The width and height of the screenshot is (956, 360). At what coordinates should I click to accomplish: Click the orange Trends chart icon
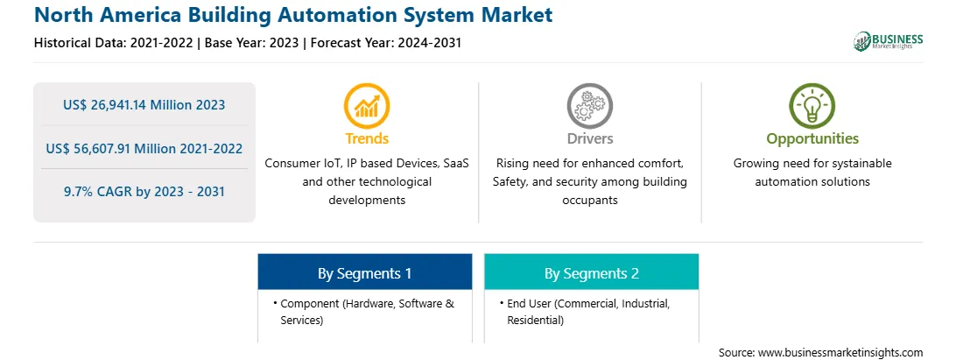[x=367, y=106]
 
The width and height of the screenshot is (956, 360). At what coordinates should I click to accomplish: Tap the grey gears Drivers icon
[x=589, y=106]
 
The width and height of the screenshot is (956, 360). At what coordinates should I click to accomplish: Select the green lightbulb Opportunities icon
[x=812, y=106]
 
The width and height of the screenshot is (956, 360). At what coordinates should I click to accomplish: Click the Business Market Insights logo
[x=889, y=41]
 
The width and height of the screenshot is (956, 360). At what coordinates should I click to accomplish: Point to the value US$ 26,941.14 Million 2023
[x=144, y=105]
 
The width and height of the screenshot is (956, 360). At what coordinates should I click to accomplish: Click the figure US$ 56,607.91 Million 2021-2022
[x=144, y=148]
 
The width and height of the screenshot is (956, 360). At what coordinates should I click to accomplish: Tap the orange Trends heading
[x=367, y=138]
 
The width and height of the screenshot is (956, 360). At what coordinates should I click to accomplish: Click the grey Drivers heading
[x=589, y=138]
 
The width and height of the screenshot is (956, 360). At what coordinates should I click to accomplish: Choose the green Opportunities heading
[x=812, y=139]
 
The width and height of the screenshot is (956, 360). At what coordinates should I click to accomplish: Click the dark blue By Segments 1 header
[x=364, y=273]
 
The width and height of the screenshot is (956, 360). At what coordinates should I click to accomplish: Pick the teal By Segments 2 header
[x=592, y=273]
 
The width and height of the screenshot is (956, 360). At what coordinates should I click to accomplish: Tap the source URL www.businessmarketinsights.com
[x=840, y=353]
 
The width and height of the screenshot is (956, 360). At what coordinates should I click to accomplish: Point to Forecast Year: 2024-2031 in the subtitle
[x=384, y=43]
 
